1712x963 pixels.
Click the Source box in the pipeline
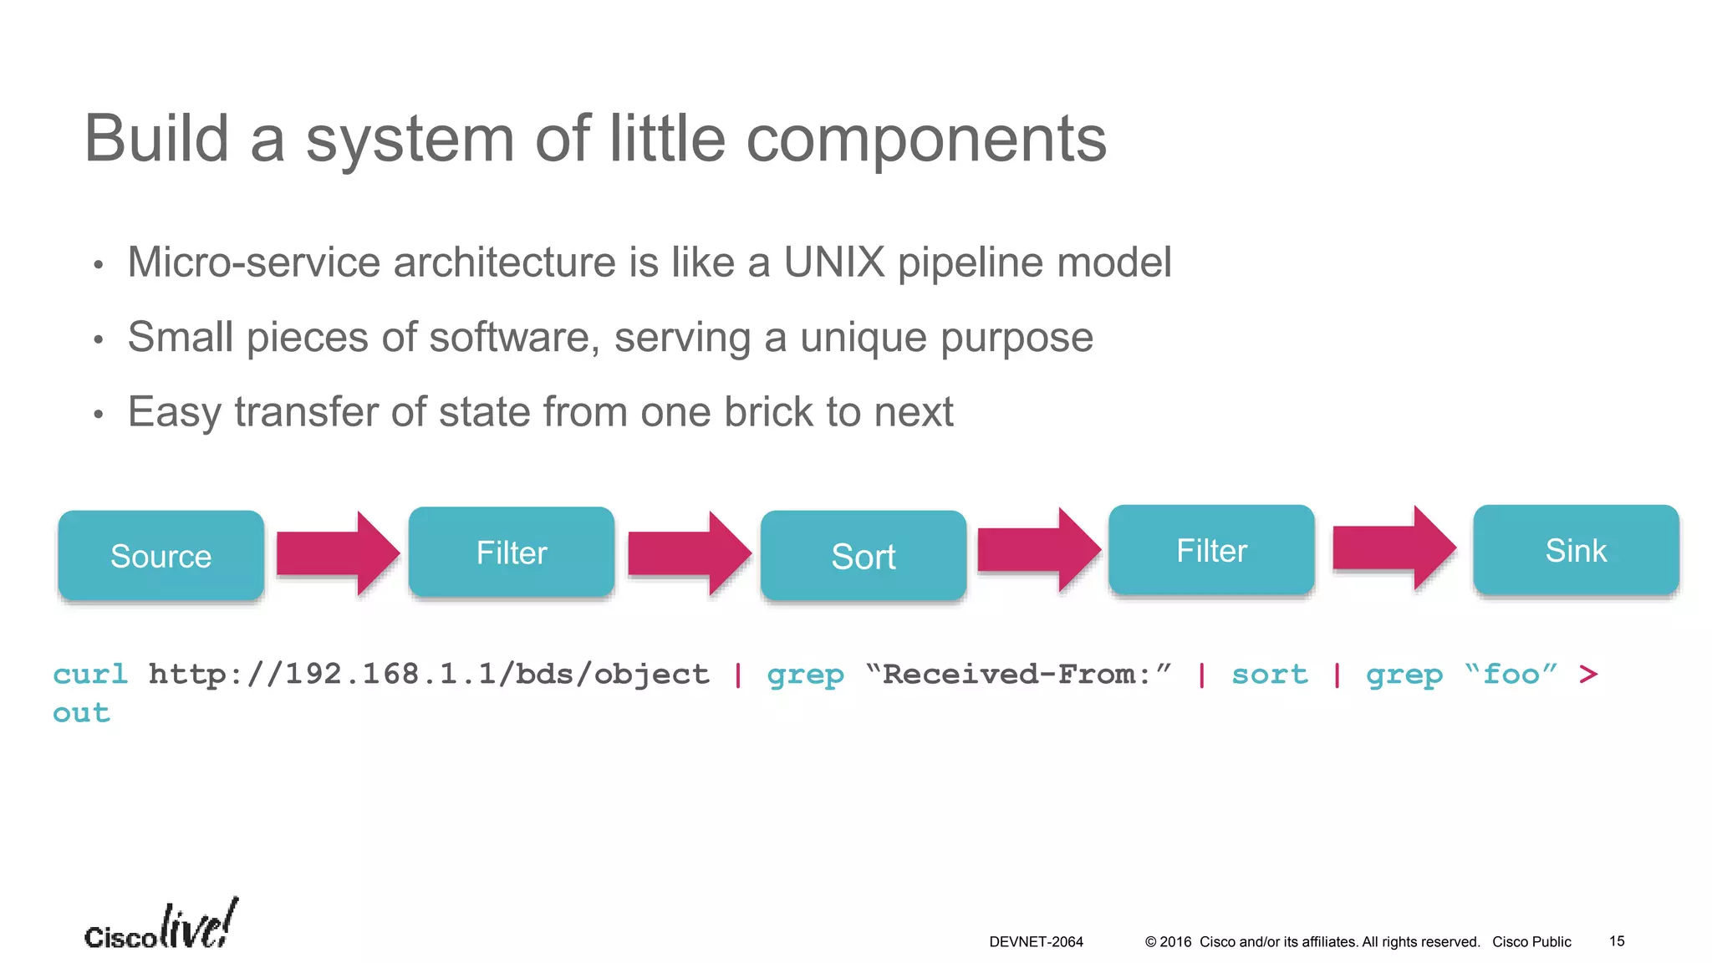(161, 555)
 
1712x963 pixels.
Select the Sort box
(863, 555)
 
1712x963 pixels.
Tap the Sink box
(1576, 550)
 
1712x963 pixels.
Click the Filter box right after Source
(512, 552)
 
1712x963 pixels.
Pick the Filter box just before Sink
(1211, 550)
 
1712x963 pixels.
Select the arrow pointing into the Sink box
(1393, 548)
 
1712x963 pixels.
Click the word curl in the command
(90, 674)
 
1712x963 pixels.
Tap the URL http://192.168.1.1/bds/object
(429, 674)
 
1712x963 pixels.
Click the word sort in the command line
(1269, 674)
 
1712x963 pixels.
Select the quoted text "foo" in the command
(1511, 674)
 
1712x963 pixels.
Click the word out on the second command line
(81, 713)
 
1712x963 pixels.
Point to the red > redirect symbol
(1588, 674)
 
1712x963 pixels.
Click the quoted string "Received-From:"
(1017, 674)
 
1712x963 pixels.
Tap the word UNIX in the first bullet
(833, 262)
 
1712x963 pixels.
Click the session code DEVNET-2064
(1036, 942)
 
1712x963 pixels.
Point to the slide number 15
(1617, 941)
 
